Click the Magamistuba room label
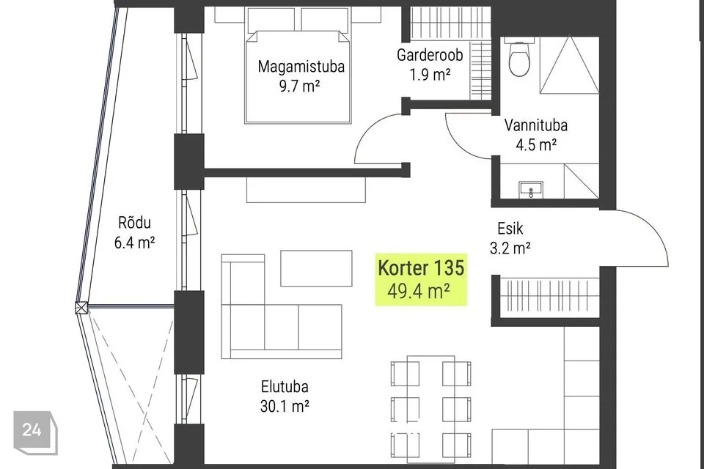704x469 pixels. click(x=301, y=67)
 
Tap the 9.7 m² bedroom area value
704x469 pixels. click(x=299, y=86)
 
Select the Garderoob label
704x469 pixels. click(x=430, y=55)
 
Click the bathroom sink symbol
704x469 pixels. click(x=531, y=189)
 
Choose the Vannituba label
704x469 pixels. click(x=535, y=125)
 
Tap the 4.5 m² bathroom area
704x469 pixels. click(x=536, y=145)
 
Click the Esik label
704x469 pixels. click(x=510, y=229)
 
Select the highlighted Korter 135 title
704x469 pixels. click(x=421, y=268)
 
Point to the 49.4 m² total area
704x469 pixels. click(x=419, y=291)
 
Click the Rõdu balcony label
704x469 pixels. click(x=134, y=223)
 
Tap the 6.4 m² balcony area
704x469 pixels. click(x=134, y=243)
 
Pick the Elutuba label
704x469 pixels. click(x=285, y=386)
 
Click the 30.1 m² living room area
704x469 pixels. click(x=285, y=406)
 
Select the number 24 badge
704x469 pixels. click(x=34, y=432)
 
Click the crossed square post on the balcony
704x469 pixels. click(x=81, y=309)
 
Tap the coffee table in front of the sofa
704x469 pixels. click(x=316, y=268)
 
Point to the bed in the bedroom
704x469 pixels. click(x=298, y=76)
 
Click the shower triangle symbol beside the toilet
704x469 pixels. click(x=569, y=65)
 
